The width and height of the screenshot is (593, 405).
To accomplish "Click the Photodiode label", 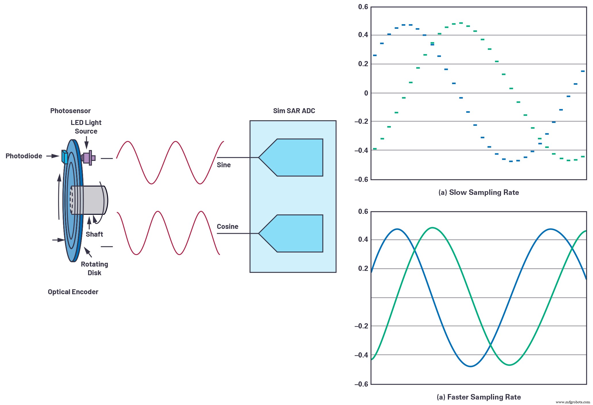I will (24, 156).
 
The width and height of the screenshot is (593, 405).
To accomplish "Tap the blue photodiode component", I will (65, 157).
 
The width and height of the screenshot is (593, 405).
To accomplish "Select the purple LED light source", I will (87, 158).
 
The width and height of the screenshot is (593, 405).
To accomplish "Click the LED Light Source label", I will (86, 127).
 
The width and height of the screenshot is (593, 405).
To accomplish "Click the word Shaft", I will (94, 234).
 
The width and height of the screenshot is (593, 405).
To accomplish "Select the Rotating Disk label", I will (95, 268).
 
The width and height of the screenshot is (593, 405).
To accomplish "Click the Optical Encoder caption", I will (73, 292).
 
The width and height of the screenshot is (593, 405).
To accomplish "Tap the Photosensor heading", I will (70, 111).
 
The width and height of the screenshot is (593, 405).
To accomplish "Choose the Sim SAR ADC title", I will (294, 111).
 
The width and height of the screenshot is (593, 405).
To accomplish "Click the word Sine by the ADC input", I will (224, 165).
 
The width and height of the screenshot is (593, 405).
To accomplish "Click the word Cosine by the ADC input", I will (227, 227).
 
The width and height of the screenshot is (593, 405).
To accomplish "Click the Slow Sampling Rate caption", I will (479, 192).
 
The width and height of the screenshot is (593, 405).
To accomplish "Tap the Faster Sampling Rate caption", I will (479, 397).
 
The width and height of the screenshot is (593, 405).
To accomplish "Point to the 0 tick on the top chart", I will (366, 93).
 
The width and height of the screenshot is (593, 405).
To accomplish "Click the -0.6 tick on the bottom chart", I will (361, 384).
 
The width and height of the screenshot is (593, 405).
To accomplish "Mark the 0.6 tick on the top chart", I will (363, 7).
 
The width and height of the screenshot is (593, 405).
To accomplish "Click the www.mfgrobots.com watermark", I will (573, 402).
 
